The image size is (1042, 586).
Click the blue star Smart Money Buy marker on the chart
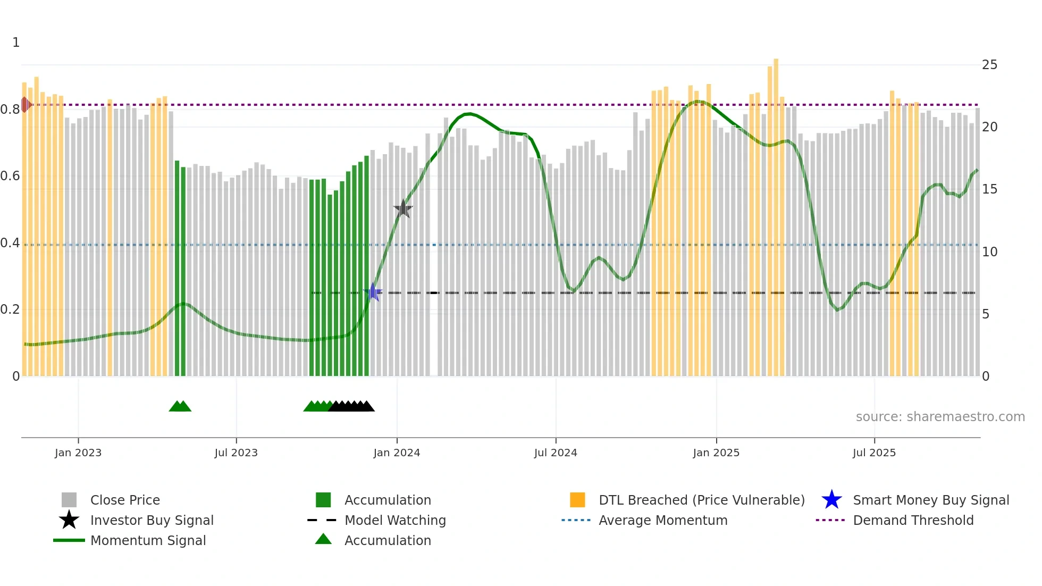click(x=373, y=292)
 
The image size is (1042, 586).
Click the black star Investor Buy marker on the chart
click(x=403, y=209)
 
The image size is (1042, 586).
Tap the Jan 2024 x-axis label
click(x=397, y=453)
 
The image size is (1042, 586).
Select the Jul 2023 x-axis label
click(x=236, y=453)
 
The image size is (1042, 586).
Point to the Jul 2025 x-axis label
click(x=874, y=453)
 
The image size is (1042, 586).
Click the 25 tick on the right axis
click(x=989, y=65)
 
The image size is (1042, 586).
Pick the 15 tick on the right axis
click(x=989, y=189)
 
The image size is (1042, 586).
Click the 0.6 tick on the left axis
click(x=10, y=176)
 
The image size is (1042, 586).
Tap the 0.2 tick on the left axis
click(x=10, y=309)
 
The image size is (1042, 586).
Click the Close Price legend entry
click(x=125, y=500)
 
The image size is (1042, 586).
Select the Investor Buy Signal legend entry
click(x=152, y=520)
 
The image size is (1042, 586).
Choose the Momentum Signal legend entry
click(x=148, y=540)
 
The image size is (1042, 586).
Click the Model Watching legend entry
click(x=395, y=520)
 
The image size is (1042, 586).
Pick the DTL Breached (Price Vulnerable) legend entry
click(x=701, y=500)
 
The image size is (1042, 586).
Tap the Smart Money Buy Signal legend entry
click(x=930, y=500)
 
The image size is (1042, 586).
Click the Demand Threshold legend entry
click(x=913, y=520)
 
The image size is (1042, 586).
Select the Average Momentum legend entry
click(x=662, y=520)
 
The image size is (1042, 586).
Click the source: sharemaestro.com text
click(x=940, y=417)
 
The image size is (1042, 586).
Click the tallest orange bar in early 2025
click(x=776, y=213)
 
